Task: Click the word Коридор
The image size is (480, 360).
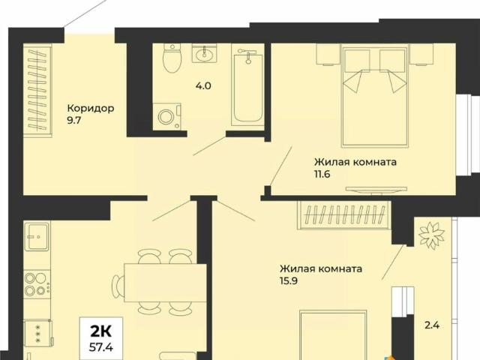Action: (x=90, y=108)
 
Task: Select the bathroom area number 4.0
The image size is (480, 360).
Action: (x=202, y=85)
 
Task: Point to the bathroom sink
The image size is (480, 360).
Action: (x=204, y=54)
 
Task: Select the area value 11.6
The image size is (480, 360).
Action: (x=322, y=174)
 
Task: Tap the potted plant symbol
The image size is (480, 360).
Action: (x=430, y=235)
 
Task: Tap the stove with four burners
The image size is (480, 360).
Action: (x=35, y=284)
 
